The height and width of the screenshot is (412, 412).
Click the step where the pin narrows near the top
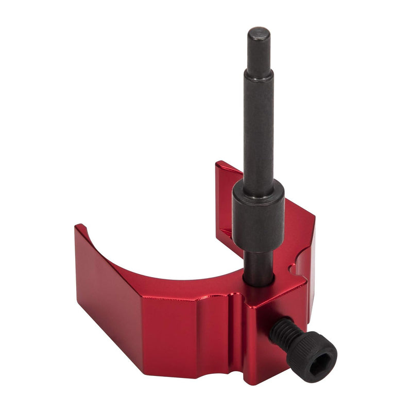[258, 74]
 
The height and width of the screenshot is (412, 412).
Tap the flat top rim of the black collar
[257, 186]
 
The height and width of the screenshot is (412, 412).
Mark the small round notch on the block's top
[294, 268]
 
